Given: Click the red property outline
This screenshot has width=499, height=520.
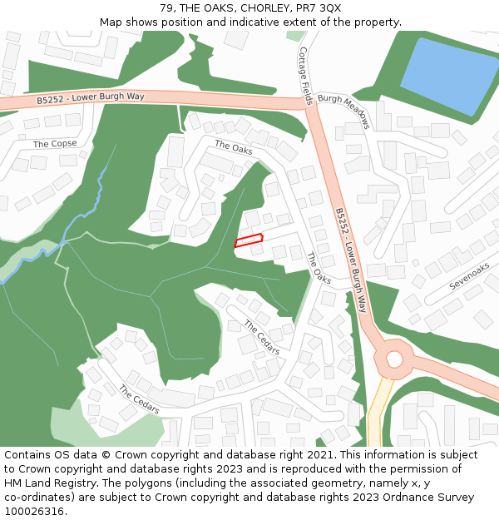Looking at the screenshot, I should coord(248,240).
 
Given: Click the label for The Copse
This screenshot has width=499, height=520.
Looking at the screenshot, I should coord(55,144).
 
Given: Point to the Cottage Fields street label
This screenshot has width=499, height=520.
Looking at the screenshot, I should coord(305,74).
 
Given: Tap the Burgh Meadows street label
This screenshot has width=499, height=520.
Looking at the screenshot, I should coord(343,110).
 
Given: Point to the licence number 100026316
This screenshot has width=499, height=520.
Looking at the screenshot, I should coord(34,512).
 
